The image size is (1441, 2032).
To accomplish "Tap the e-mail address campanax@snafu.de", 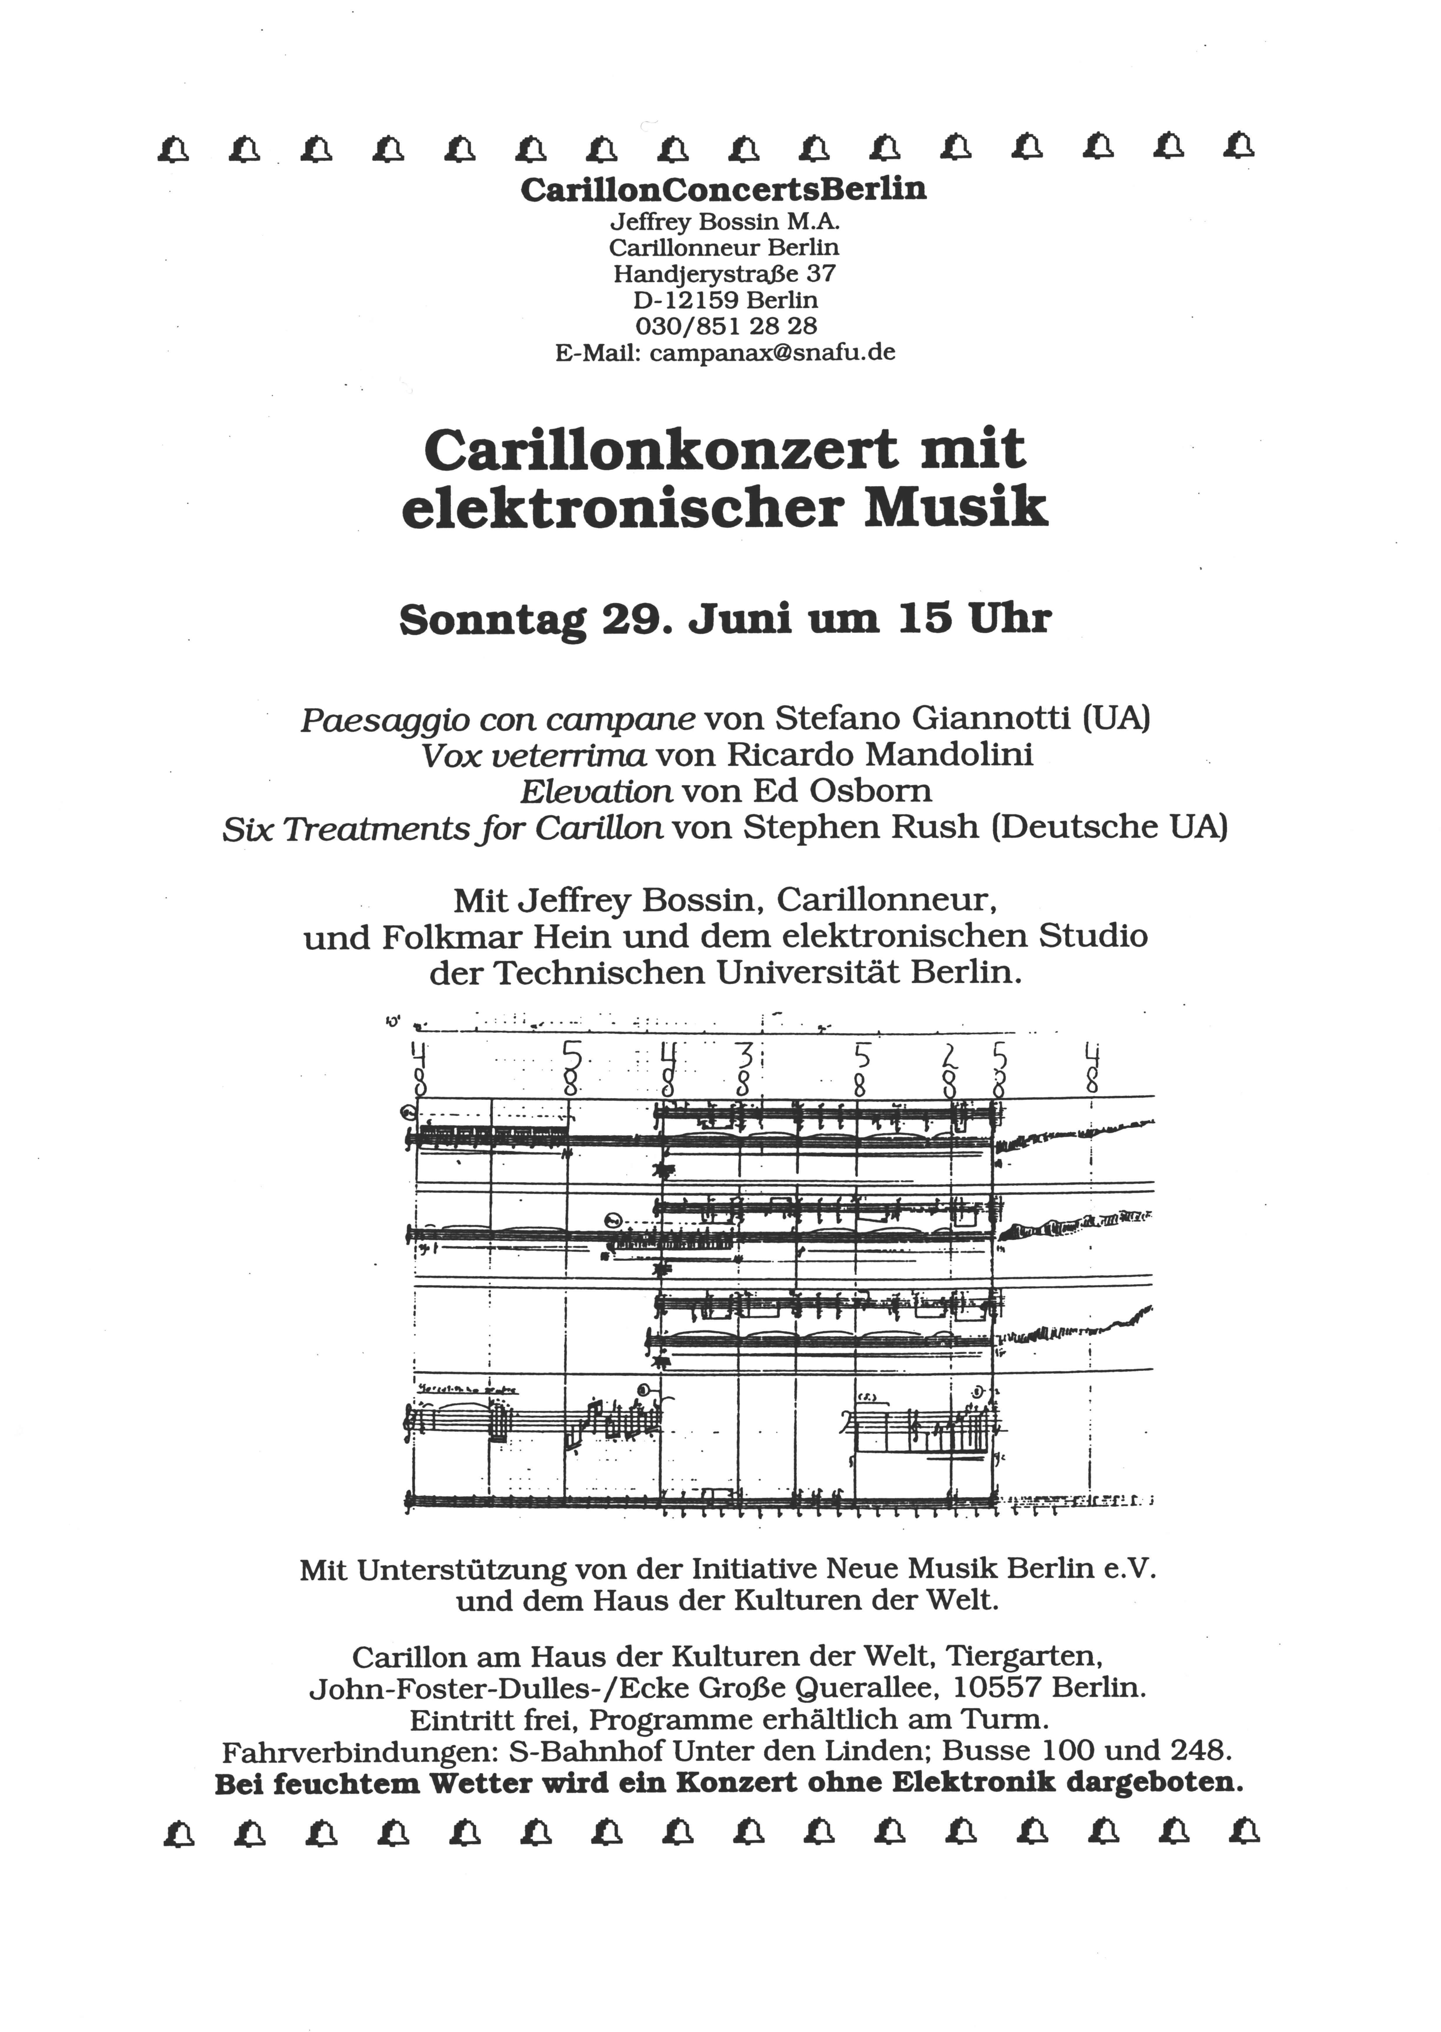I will click(772, 353).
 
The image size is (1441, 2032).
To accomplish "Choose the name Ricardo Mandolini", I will click(880, 755).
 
